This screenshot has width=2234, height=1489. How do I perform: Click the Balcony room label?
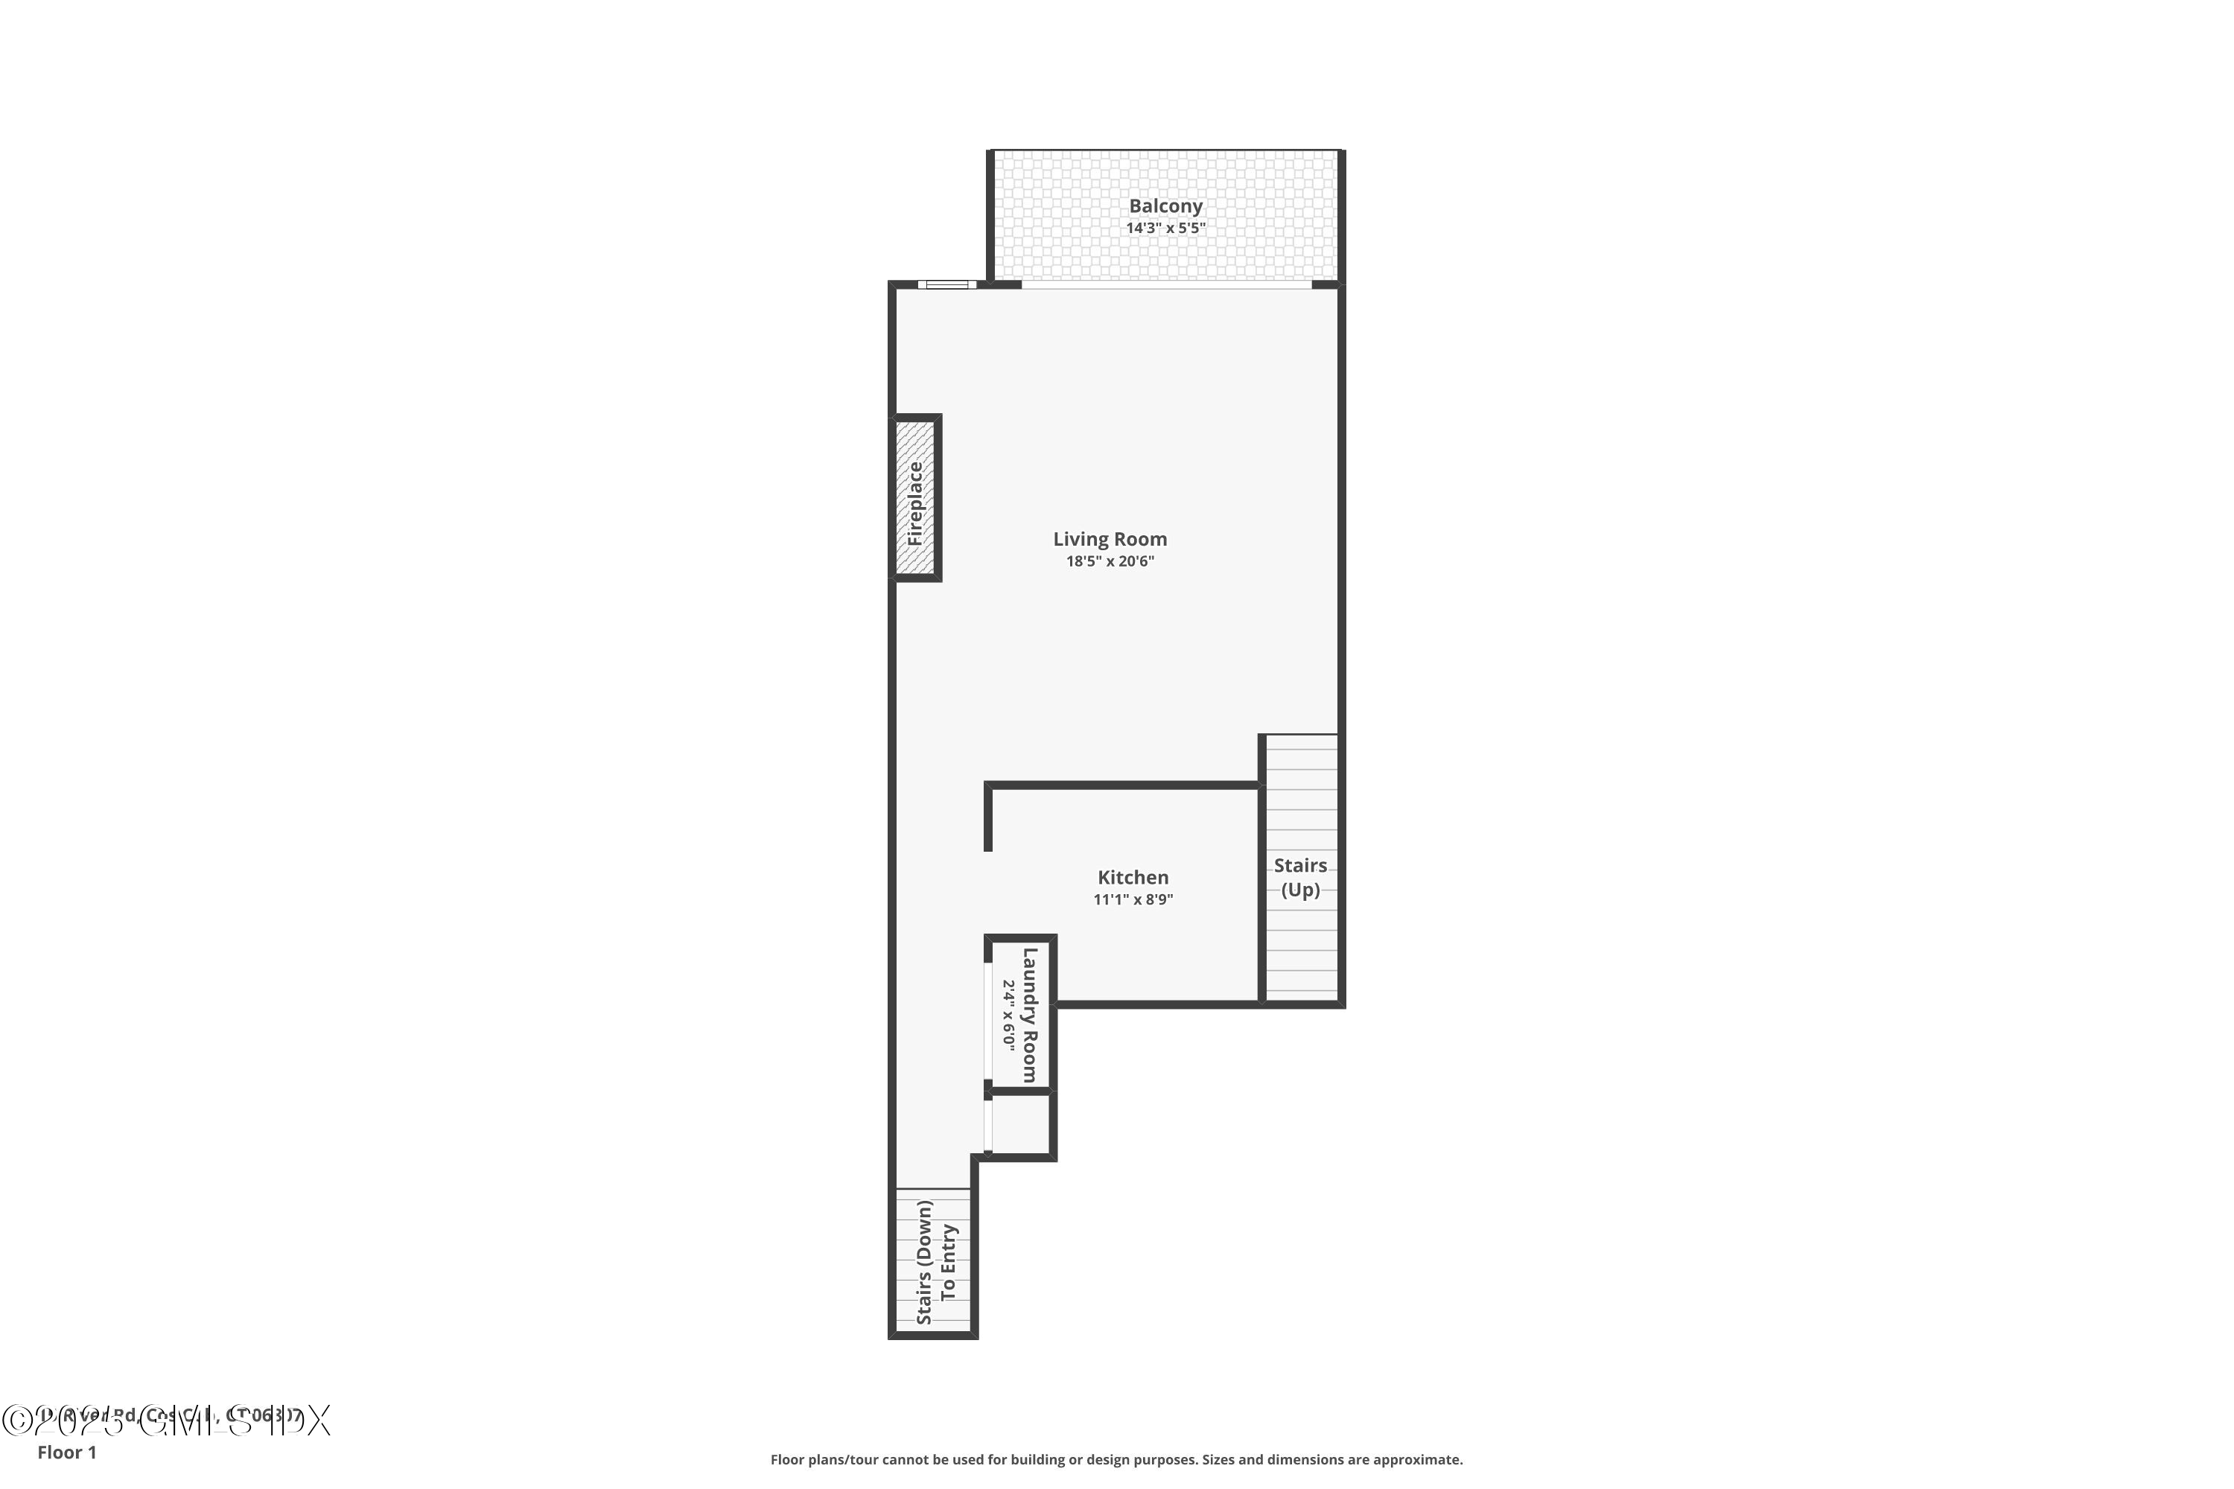pos(1165,206)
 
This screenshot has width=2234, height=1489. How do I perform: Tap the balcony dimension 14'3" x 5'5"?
pos(1165,229)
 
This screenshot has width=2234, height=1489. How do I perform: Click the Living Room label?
pos(1110,539)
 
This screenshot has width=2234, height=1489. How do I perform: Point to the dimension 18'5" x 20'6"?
pos(1110,562)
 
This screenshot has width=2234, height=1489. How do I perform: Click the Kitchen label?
pos(1133,879)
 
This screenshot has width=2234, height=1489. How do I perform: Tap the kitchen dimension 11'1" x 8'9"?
pos(1133,900)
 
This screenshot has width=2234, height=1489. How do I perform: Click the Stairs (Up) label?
pos(1300,878)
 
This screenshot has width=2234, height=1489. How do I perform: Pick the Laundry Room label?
pos(1030,1015)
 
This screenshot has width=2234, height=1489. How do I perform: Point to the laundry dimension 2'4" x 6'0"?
pos(1009,1015)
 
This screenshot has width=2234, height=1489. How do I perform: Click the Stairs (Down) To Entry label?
pos(935,1262)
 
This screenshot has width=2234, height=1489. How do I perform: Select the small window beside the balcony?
pos(946,284)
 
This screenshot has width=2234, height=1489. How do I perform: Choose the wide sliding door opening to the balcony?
pos(1165,284)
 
